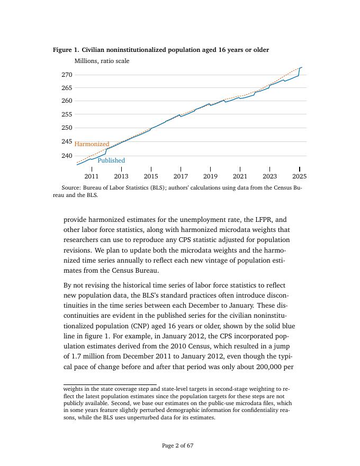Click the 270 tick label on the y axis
coord(66,75)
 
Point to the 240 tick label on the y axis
coord(66,156)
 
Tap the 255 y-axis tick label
coord(66,114)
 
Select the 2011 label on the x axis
coord(92,176)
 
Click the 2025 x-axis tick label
coord(299,176)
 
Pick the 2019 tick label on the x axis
coord(210,176)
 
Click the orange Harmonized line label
coord(92,144)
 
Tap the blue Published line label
coord(111,160)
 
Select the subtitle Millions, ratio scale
coord(102,61)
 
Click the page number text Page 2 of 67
coord(177,446)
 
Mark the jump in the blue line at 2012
coord(106,151)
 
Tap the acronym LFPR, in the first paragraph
coord(263,219)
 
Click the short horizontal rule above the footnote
coord(110,384)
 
